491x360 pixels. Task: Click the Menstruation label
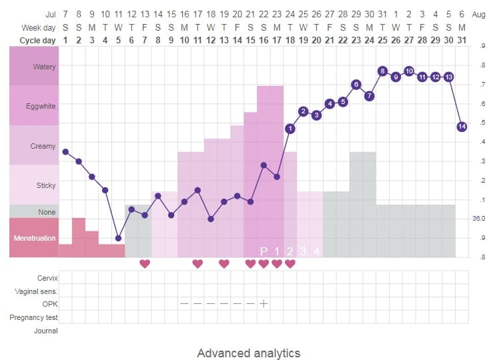[35, 238]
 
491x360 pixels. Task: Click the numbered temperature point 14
[462, 127]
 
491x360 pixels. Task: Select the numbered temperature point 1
[290, 128]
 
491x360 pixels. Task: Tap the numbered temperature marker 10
[409, 71]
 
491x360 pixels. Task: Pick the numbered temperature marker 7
[369, 96]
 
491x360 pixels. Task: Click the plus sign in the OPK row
[264, 303]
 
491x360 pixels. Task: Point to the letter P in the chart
[264, 251]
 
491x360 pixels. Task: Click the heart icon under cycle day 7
[145, 263]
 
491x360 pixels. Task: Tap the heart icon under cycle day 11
[197, 263]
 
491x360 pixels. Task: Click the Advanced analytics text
[248, 353]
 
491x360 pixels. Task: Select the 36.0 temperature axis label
[479, 218]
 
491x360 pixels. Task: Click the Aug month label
[478, 14]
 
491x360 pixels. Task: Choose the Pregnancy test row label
[33, 317]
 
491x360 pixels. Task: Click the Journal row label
[45, 331]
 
